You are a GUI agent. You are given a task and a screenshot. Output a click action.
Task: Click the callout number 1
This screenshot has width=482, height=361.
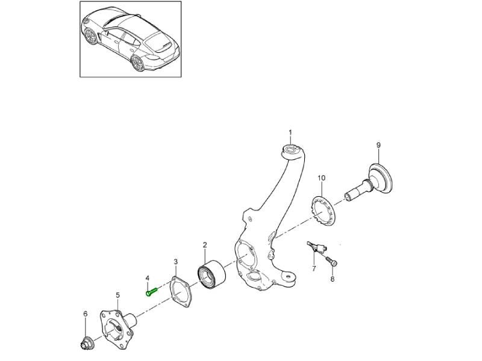point(290,132)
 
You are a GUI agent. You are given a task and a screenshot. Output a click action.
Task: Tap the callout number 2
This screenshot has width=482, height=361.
point(205,245)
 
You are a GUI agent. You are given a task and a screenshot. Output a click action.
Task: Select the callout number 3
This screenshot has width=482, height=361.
point(176,262)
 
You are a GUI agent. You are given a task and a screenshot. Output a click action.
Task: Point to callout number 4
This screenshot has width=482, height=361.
point(148,278)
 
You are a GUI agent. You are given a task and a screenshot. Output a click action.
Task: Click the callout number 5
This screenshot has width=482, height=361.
point(118,295)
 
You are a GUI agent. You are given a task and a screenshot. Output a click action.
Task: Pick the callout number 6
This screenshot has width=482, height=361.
point(86,313)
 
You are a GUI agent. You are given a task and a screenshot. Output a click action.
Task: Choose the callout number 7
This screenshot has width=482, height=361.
point(314,268)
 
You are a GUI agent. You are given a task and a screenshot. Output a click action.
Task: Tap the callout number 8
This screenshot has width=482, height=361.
point(333,279)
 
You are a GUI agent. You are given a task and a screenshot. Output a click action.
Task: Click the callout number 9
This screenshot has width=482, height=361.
point(378,145)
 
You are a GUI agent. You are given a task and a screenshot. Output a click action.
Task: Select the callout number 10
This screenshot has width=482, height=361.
point(321,178)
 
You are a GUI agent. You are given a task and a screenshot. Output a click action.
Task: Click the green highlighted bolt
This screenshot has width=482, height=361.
point(151,291)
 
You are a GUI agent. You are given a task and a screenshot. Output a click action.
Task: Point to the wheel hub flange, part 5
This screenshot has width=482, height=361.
point(117,329)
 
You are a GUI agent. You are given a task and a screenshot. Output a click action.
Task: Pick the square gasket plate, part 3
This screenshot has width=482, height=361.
point(181,291)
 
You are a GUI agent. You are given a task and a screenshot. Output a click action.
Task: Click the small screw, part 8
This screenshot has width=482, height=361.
point(331,261)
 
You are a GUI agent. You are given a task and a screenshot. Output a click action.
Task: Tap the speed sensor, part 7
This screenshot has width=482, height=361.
point(318,247)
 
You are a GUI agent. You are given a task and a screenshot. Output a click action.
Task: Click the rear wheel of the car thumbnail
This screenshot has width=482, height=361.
point(138,64)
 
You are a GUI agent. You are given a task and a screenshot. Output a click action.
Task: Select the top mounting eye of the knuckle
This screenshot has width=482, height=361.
point(290,150)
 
